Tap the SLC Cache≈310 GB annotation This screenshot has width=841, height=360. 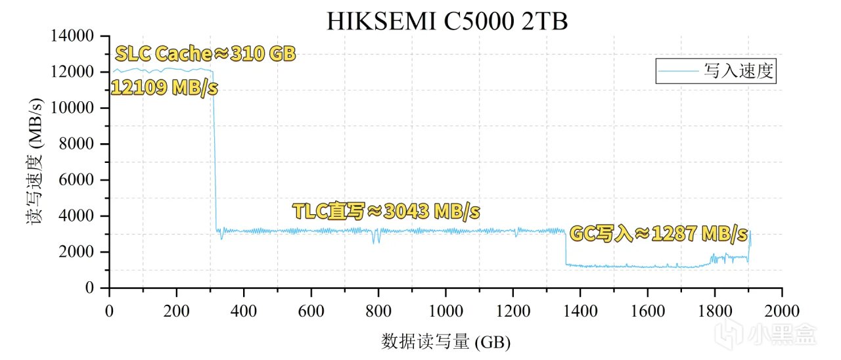[206, 53]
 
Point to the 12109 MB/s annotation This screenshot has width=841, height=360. [164, 87]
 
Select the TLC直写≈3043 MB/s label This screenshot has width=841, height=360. [386, 212]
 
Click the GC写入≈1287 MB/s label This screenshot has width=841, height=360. [658, 233]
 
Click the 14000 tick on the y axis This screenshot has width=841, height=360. [76, 35]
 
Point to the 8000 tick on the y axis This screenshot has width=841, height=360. [81, 144]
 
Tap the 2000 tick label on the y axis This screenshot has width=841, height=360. [81, 252]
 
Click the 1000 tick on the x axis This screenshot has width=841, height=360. [445, 311]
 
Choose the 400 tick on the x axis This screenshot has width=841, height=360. [244, 311]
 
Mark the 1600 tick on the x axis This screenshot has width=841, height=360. [647, 311]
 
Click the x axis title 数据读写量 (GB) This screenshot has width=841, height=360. [445, 342]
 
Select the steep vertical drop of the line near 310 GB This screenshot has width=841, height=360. [214, 151]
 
